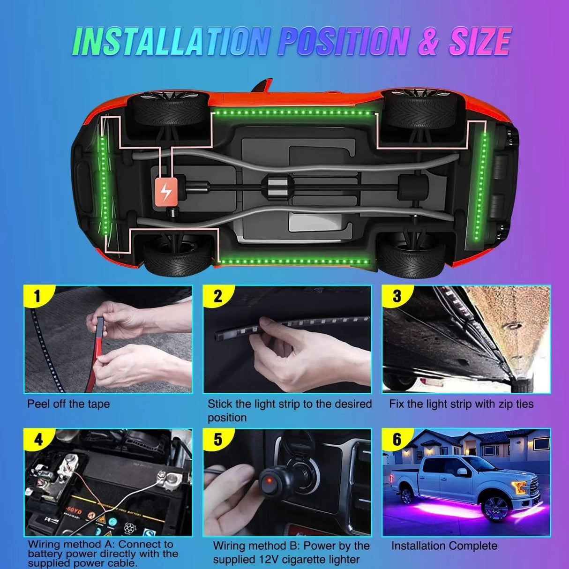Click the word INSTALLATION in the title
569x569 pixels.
[x=171, y=42]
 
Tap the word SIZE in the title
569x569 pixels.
[x=479, y=42]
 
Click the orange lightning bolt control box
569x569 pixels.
[x=166, y=191]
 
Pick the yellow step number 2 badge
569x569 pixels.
[x=217, y=297]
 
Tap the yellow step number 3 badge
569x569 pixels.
[x=397, y=297]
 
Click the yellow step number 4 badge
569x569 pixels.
[x=38, y=439]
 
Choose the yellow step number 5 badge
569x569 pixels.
[x=217, y=439]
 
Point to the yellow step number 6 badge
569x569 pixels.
[x=397, y=439]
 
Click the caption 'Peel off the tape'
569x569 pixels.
[x=68, y=404]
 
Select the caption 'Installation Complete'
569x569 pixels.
[x=444, y=546]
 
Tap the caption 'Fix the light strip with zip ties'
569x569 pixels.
[x=461, y=404]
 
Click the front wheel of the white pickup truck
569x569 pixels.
[x=496, y=508]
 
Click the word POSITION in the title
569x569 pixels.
[x=344, y=42]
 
